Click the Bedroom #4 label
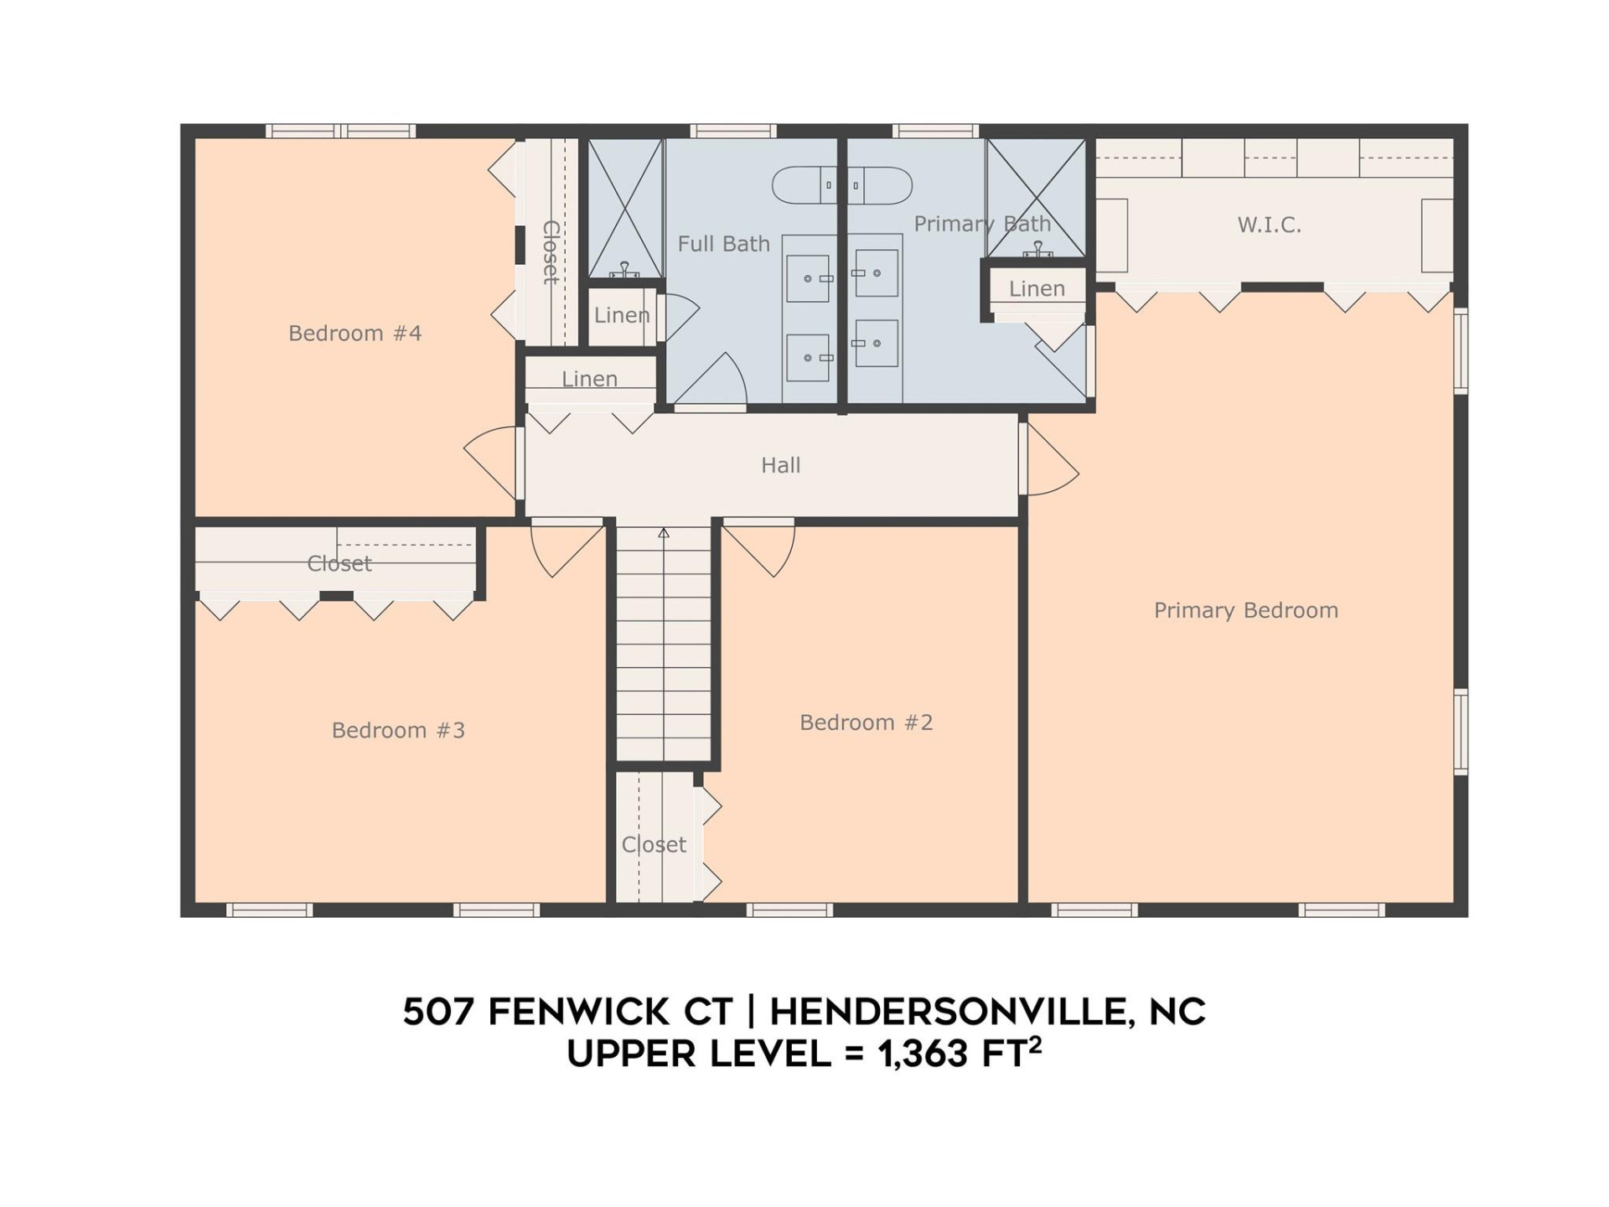pos(354,334)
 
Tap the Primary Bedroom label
pos(1245,610)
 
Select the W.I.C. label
pos(1269,225)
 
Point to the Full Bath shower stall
pos(625,209)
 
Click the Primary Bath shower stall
pos(1036,198)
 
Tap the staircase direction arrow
pos(664,533)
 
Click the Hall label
pos(780,465)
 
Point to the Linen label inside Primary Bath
pos(1037,289)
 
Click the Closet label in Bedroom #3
pos(339,563)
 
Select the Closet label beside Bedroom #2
pos(654,844)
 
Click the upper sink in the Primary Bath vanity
pos(877,273)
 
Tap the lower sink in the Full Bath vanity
pos(808,358)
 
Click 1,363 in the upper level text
pos(923,1054)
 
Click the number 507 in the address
pos(438,1012)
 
